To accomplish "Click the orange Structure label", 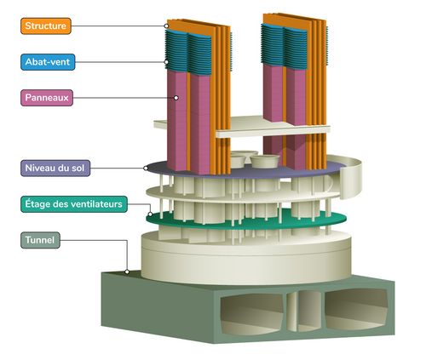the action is point(46,26).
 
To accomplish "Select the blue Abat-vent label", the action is point(48,62).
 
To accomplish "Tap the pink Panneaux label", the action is point(47,98).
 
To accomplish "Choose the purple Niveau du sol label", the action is point(55,168).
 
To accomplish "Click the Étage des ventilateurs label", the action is point(74,204).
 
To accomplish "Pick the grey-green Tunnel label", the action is point(40,240).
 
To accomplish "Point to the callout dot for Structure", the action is point(166,26).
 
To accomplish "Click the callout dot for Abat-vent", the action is point(166,62).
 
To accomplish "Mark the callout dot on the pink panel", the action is point(176,98).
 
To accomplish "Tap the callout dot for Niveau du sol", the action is point(146,168).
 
